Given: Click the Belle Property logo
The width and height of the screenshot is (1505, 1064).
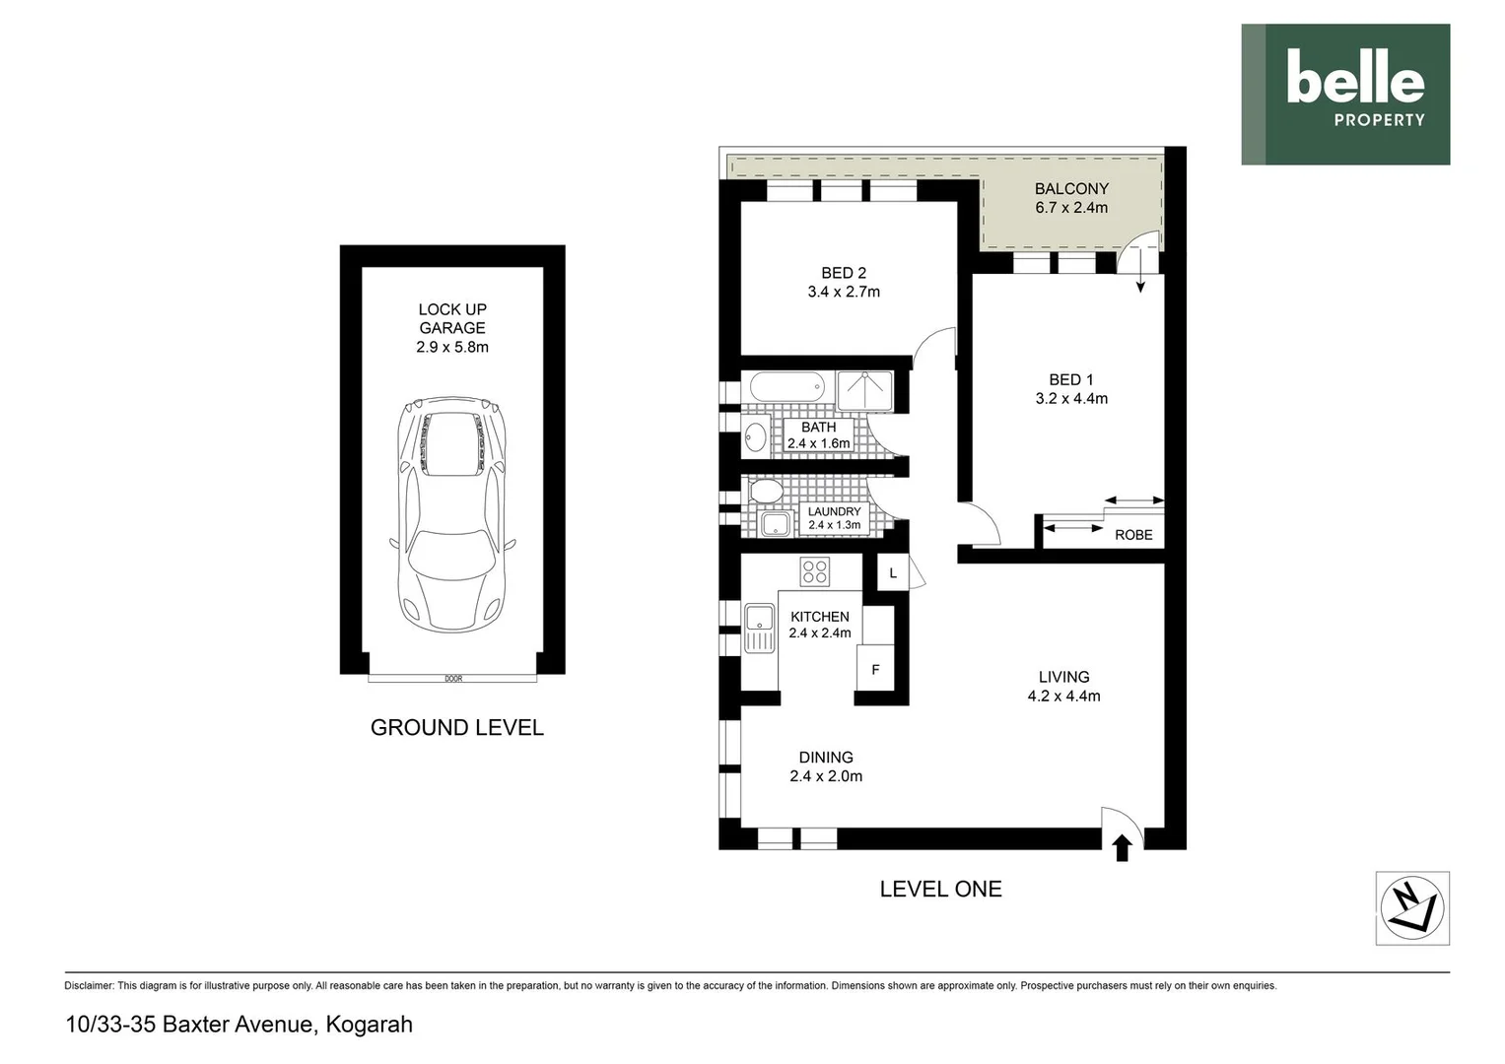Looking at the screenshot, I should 1345,95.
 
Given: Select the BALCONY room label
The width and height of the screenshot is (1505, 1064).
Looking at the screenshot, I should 1071,189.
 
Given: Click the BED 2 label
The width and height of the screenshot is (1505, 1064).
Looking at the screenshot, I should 844,273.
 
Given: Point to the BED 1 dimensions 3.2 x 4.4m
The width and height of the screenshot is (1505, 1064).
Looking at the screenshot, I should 1071,399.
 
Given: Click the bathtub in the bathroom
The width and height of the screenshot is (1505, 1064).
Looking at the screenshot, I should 788,386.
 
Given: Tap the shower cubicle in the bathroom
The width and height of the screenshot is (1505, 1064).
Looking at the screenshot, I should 864,390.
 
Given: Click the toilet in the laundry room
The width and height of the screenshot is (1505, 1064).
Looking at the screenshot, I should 765,491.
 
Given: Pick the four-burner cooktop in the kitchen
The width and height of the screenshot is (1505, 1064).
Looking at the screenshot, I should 814,570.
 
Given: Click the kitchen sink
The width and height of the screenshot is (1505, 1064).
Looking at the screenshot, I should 760,628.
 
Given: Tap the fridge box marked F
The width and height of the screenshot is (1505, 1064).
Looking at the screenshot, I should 875,670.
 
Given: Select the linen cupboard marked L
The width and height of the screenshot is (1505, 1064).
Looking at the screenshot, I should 893,572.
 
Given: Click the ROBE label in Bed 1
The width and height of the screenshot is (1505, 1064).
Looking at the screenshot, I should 1133,535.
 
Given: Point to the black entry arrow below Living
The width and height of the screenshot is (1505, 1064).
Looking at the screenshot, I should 1122,848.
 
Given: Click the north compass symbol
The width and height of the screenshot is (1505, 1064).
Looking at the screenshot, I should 1411,907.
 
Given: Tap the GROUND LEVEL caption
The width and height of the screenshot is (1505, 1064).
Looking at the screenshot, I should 457,728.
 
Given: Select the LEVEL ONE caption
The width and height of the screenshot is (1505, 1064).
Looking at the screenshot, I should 940,889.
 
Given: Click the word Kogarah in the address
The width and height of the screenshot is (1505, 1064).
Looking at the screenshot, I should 369,1025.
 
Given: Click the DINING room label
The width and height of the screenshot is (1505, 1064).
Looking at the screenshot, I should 826,758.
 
